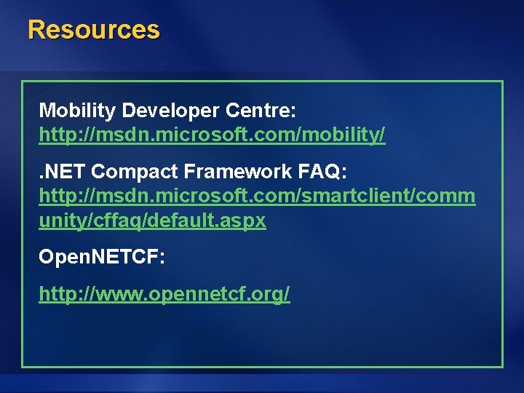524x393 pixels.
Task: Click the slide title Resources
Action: (x=93, y=30)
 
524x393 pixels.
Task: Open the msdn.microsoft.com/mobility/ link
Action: (x=212, y=135)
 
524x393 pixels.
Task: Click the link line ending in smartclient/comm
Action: (x=257, y=196)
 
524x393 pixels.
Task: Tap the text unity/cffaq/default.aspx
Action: (x=152, y=221)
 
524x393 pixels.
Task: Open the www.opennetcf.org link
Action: (x=164, y=294)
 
